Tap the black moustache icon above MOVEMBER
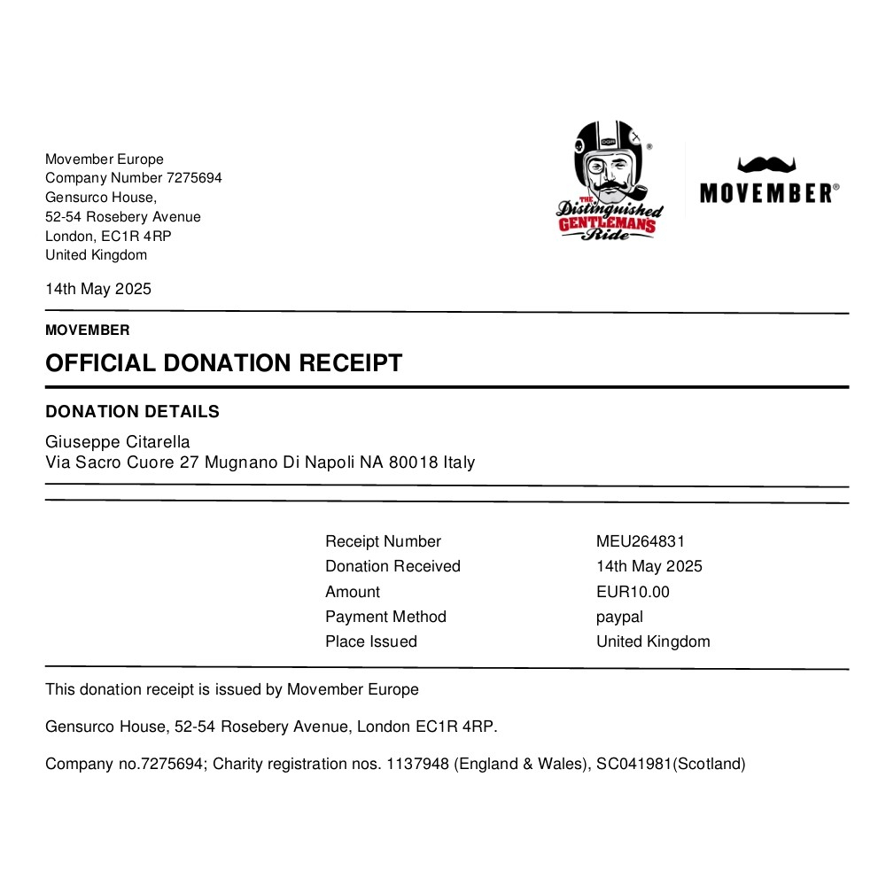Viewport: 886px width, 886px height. click(767, 165)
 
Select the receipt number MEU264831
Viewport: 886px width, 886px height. click(641, 541)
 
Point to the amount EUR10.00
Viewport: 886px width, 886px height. click(633, 592)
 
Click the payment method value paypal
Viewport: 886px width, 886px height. click(619, 617)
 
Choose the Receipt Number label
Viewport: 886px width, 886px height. click(383, 541)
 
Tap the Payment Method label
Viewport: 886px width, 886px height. click(385, 617)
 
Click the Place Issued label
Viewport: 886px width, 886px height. click(370, 641)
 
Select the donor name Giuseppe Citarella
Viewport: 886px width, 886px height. click(118, 441)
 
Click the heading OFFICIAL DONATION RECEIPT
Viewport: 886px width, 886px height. click(223, 363)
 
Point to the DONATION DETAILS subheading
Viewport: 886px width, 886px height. click(132, 412)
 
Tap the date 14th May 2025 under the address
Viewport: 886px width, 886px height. click(98, 289)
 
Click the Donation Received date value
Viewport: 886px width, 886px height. click(649, 566)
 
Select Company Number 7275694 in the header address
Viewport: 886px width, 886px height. click(134, 178)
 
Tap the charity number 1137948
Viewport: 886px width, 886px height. click(417, 764)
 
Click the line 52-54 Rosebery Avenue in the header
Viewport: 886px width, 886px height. click(123, 217)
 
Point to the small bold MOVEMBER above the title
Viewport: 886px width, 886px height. click(88, 330)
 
